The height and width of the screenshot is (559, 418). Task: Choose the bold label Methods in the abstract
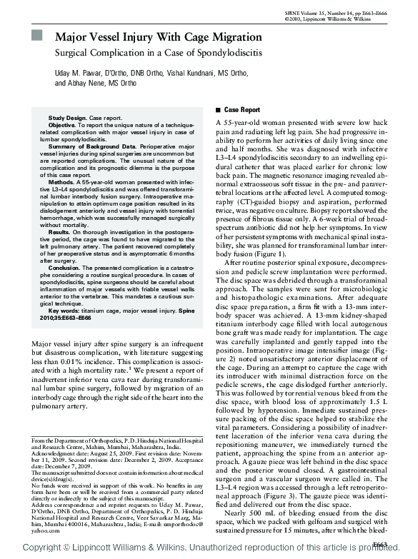(x=61, y=182)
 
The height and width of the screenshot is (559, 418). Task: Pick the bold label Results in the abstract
(x=60, y=233)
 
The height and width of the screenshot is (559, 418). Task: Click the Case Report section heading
(x=242, y=110)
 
